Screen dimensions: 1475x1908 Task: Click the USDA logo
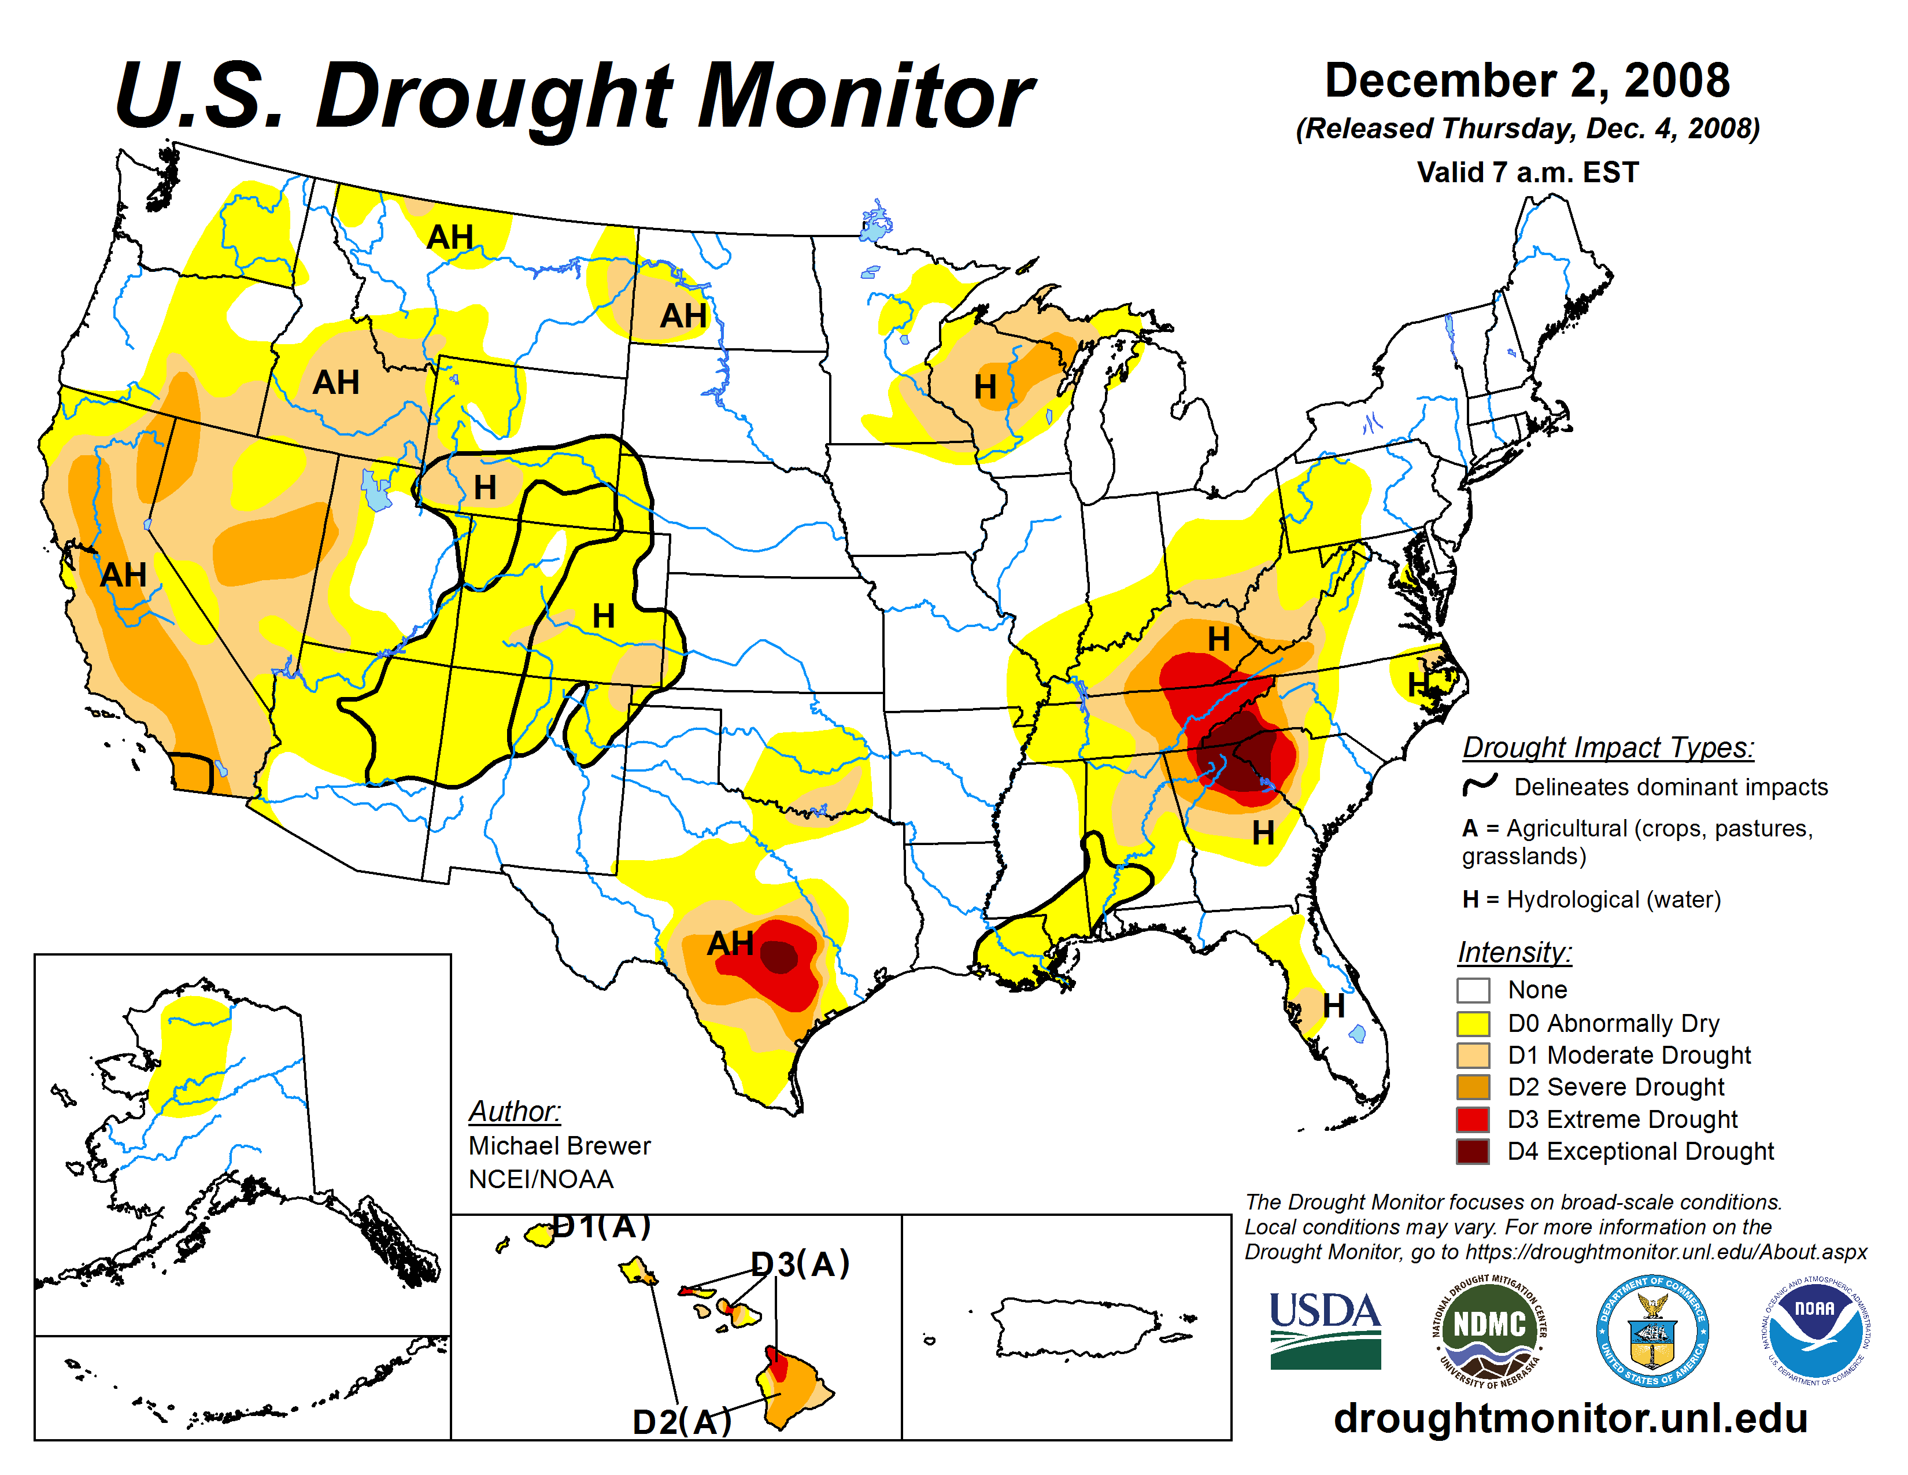pyautogui.click(x=1325, y=1330)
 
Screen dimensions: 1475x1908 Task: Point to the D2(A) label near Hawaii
pyautogui.click(x=682, y=1422)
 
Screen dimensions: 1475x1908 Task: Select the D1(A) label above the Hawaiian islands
pyautogui.click(x=603, y=1227)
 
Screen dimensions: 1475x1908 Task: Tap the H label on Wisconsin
pyautogui.click(x=985, y=387)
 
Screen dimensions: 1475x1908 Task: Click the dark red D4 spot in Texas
pyautogui.click(x=779, y=958)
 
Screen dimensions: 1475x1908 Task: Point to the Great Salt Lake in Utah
pyautogui.click(x=376, y=490)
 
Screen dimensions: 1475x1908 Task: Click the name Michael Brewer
pyautogui.click(x=559, y=1145)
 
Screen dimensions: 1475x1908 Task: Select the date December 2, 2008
pyautogui.click(x=1527, y=80)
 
